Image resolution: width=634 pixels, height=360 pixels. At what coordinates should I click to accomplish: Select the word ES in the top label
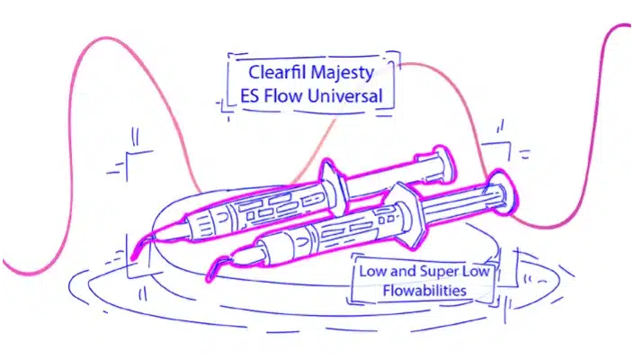(x=249, y=96)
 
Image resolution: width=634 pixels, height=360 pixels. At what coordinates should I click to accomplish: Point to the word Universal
(x=344, y=96)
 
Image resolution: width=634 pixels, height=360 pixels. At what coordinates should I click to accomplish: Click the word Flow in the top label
(x=282, y=96)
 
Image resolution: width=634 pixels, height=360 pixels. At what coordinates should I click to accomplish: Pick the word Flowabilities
(x=424, y=290)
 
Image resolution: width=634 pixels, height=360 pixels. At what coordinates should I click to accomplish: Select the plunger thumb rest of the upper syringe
(x=442, y=164)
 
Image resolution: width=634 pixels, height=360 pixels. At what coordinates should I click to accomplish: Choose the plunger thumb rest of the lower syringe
(x=505, y=192)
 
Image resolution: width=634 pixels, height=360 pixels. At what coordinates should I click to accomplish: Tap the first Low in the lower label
(x=372, y=271)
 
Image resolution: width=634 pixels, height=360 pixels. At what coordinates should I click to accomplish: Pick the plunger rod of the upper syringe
(x=388, y=177)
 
